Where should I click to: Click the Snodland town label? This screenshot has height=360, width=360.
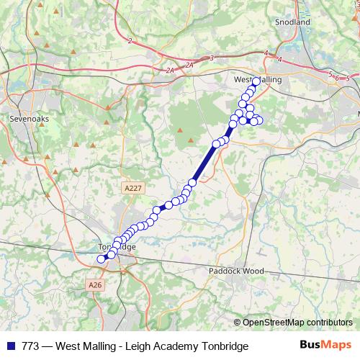point(292,22)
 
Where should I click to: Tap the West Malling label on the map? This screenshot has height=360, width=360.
point(258,80)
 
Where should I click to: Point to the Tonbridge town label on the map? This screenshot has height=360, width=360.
point(116,247)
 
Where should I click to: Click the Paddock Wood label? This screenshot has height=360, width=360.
point(232,272)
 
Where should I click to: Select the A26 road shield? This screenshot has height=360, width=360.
point(96,285)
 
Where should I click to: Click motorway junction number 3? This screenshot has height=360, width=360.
point(212,58)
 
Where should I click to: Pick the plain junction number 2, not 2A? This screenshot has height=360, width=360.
point(130,41)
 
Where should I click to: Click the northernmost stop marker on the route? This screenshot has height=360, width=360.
point(256,81)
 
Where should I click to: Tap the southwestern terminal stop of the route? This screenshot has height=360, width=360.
point(101,258)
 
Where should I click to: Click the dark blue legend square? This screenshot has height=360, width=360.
point(10,346)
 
